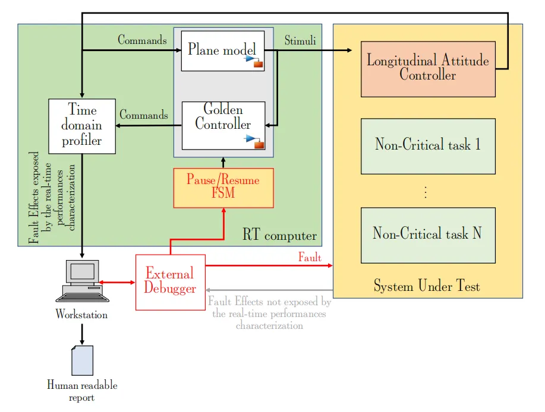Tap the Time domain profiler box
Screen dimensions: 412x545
click(x=82, y=126)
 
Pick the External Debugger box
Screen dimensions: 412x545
click(x=171, y=282)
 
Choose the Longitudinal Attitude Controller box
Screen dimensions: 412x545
click(x=428, y=69)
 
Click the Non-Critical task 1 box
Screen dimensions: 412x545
click(x=428, y=145)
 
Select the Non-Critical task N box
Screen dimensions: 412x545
click(x=428, y=234)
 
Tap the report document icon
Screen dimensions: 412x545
click(x=82, y=360)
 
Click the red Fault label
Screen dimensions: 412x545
click(x=310, y=258)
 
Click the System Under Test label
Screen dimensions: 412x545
click(x=427, y=287)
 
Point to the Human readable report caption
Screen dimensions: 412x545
click(x=82, y=391)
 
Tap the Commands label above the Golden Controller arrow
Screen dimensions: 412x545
click(x=144, y=115)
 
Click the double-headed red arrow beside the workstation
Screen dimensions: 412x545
click(x=118, y=282)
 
